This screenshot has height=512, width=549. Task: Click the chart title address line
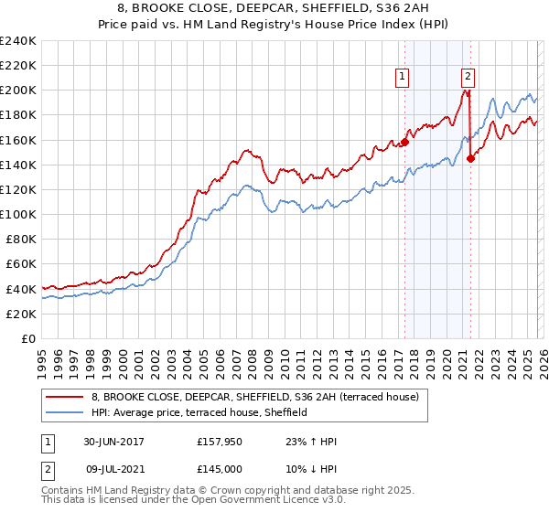(274, 8)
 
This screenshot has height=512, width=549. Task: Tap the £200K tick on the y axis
(18, 91)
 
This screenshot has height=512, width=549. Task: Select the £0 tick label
(28, 338)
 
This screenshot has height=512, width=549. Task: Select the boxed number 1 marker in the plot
(403, 77)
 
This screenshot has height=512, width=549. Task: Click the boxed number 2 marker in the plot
(468, 77)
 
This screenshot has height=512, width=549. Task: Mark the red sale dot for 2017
(404, 142)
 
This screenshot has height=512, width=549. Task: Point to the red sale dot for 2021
(470, 158)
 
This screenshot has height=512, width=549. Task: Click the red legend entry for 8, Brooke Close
(254, 397)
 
